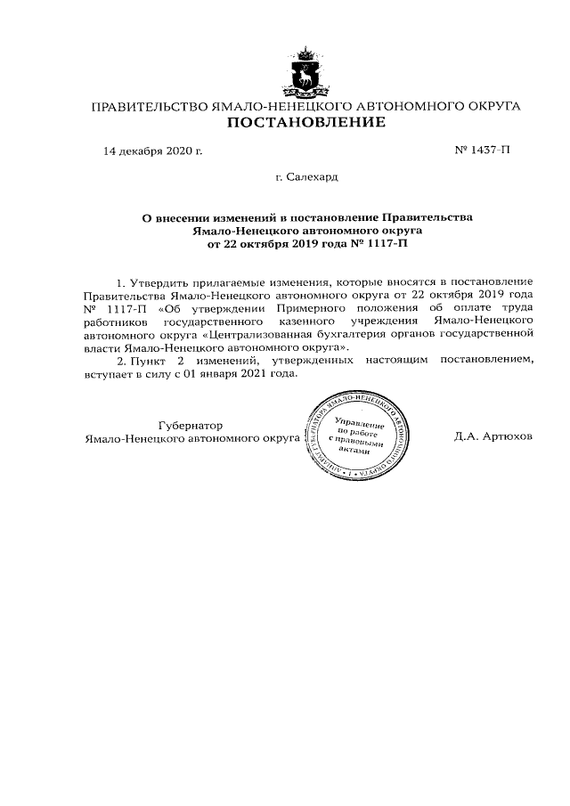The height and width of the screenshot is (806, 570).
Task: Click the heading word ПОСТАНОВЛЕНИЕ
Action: click(305, 123)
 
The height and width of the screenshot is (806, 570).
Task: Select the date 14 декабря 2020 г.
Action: click(152, 151)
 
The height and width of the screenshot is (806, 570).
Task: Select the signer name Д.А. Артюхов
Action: click(493, 438)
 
